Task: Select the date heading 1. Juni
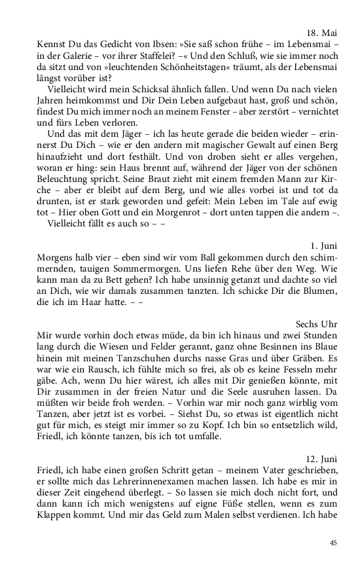point(323,246)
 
